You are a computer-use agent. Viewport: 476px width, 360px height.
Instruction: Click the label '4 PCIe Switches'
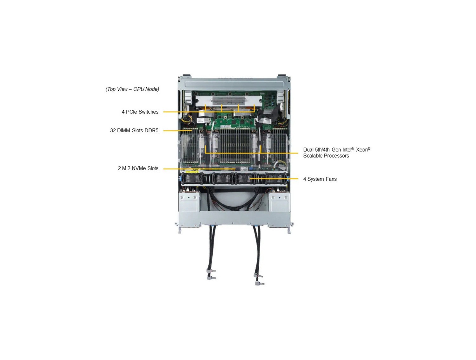(x=140, y=112)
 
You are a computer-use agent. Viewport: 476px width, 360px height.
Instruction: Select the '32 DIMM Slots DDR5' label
(x=134, y=130)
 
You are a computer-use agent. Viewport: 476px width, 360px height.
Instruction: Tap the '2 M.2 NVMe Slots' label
(x=138, y=168)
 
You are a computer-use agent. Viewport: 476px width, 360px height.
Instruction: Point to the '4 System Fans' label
(x=320, y=179)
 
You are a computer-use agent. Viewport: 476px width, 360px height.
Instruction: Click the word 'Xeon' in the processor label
(x=362, y=150)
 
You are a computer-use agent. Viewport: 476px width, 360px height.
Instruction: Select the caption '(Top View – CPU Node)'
(x=132, y=89)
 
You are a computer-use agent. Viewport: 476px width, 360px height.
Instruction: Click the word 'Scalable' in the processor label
(x=313, y=156)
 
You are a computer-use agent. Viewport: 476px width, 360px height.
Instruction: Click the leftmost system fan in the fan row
(x=192, y=178)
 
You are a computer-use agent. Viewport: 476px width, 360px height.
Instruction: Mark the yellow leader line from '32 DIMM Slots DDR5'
(x=173, y=131)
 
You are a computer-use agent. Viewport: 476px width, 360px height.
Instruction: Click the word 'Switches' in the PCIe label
(x=148, y=112)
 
